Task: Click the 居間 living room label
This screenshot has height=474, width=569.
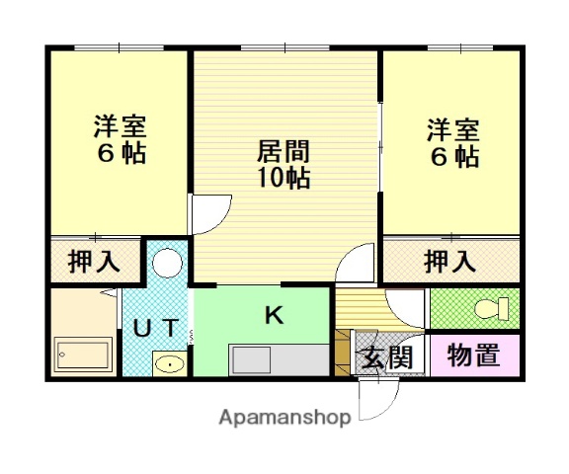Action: click(x=284, y=152)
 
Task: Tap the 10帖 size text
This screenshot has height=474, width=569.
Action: click(x=284, y=178)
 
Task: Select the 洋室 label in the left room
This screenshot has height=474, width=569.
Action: click(x=120, y=127)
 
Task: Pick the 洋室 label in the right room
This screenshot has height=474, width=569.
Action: click(x=453, y=129)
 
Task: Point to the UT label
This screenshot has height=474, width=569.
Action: click(x=155, y=329)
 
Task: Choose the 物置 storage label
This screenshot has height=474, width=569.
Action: click(x=472, y=355)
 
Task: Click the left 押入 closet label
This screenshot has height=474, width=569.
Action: click(x=93, y=263)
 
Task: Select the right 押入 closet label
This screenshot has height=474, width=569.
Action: click(x=449, y=263)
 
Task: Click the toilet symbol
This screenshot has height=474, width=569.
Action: click(x=488, y=309)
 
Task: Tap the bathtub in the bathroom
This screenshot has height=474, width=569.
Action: click(x=81, y=354)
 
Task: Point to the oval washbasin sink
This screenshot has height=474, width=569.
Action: click(x=168, y=364)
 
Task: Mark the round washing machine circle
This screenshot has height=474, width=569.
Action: click(x=168, y=263)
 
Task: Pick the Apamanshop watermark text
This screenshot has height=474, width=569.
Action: click(x=284, y=417)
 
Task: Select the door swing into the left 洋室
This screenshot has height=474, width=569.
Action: click(x=209, y=212)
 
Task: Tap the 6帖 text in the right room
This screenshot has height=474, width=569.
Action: click(x=453, y=156)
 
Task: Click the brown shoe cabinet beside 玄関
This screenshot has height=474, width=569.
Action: click(x=343, y=351)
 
